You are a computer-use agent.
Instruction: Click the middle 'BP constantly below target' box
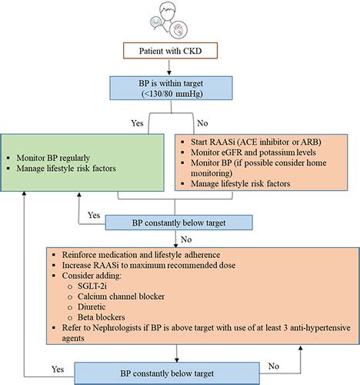[180, 223]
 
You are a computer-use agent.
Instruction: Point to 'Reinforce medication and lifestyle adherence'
[138, 253]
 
